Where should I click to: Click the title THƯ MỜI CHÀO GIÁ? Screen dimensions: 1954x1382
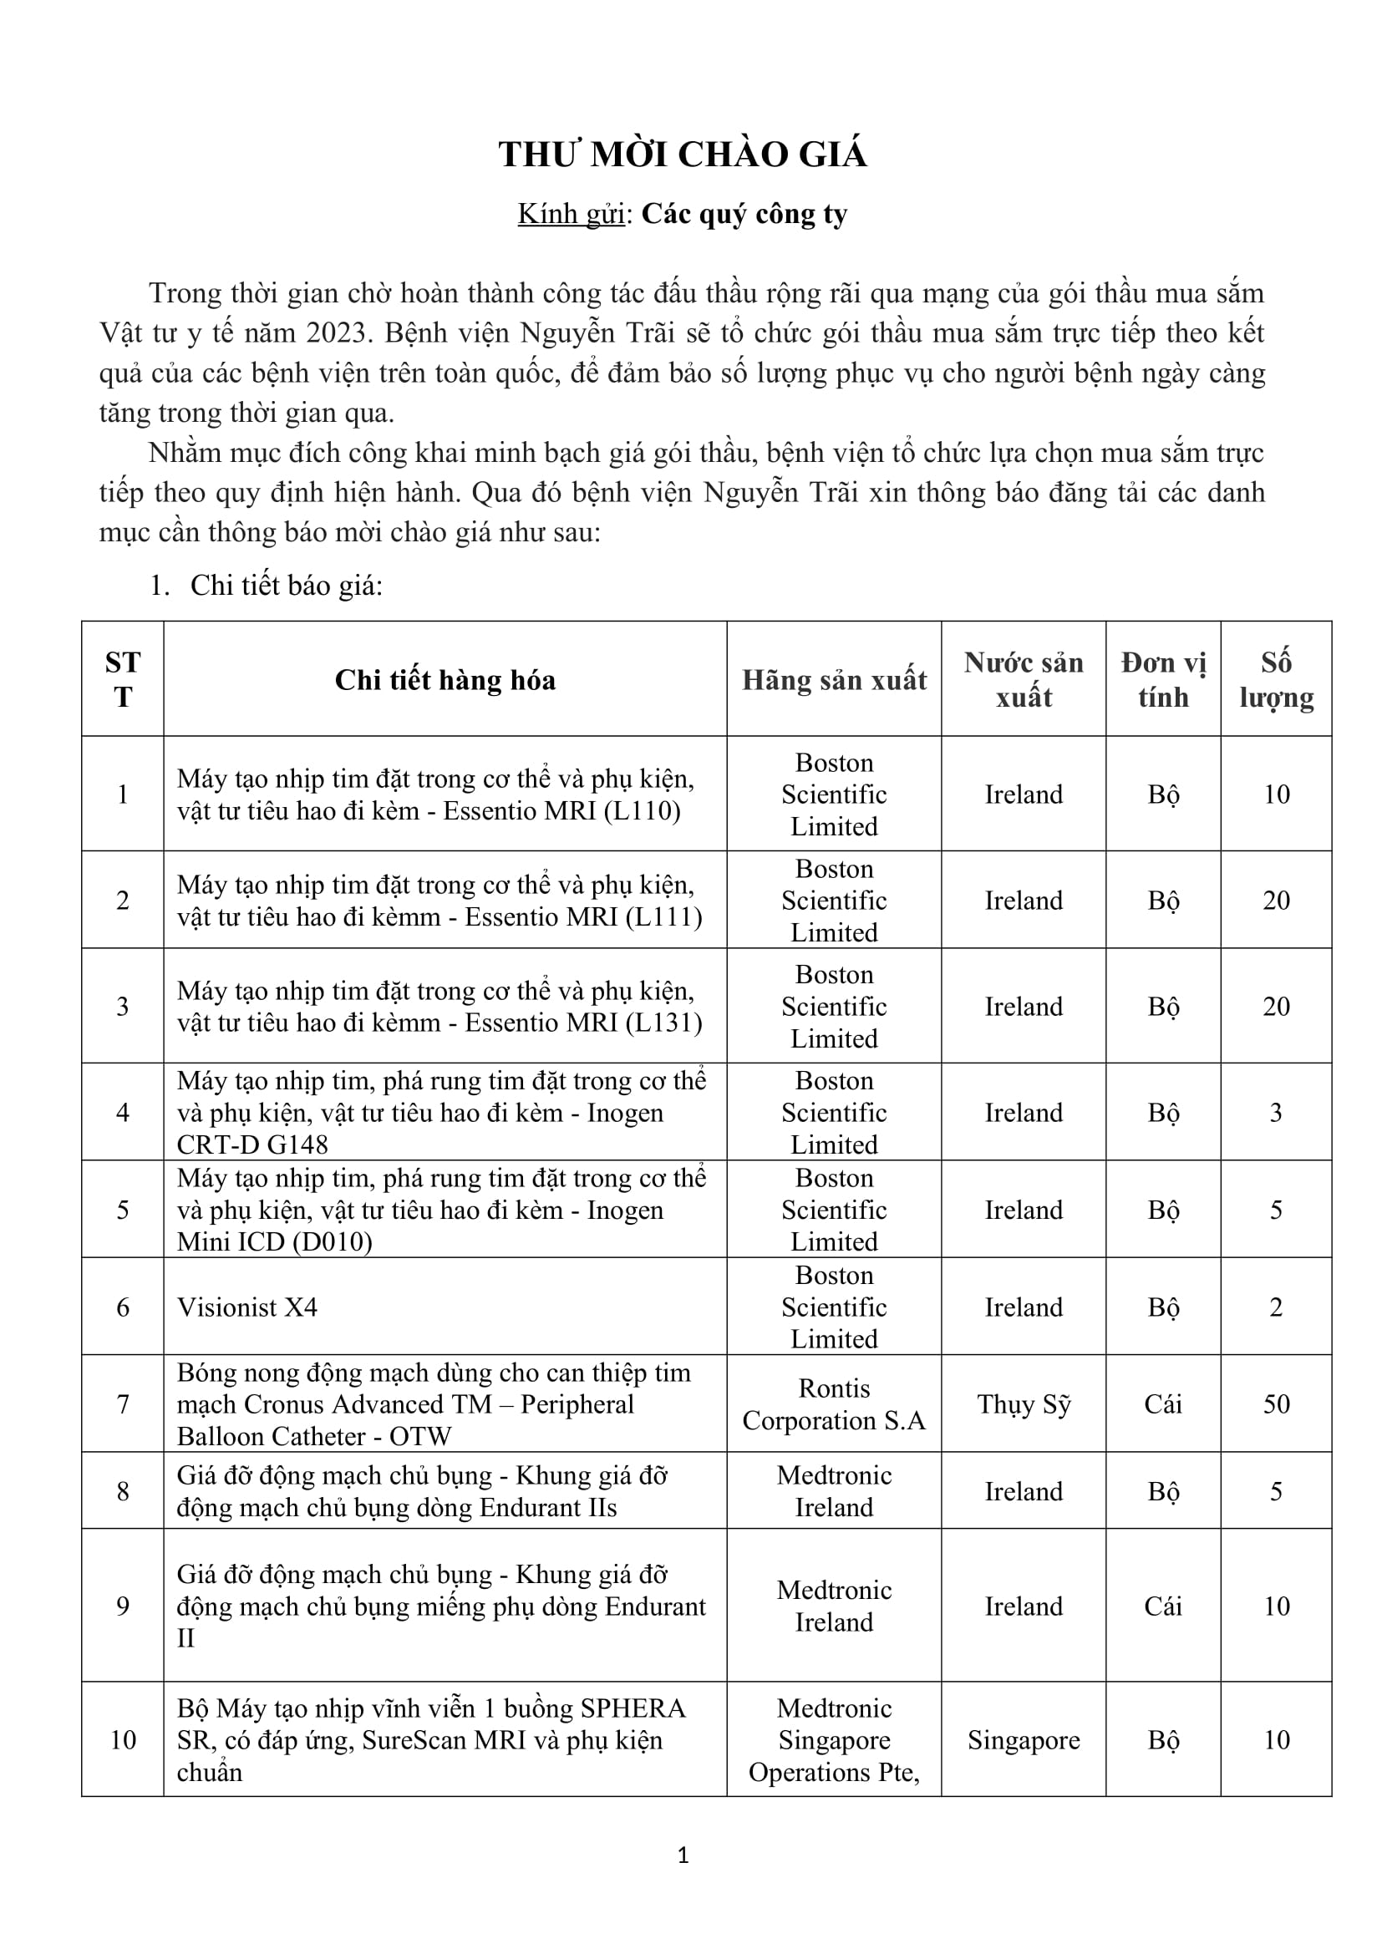(x=683, y=155)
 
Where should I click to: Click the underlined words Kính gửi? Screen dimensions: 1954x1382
(x=571, y=214)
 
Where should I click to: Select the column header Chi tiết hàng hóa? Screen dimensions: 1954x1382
(x=445, y=680)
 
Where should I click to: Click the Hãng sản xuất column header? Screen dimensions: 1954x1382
(x=834, y=680)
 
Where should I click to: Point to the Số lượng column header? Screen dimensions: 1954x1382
(x=1276, y=680)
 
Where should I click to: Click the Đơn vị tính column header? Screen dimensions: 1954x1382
(x=1163, y=680)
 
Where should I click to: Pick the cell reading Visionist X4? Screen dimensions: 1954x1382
(x=246, y=1307)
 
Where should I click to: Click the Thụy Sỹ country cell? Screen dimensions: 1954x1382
(x=1024, y=1403)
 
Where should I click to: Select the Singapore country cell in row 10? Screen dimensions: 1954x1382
(x=1024, y=1739)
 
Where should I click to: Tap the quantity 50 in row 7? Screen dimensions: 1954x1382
(x=1276, y=1403)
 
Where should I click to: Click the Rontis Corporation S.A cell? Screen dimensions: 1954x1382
(x=834, y=1404)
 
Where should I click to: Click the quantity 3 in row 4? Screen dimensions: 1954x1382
(x=1276, y=1112)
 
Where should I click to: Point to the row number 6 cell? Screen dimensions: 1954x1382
(x=123, y=1307)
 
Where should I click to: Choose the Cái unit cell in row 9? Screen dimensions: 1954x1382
(x=1163, y=1606)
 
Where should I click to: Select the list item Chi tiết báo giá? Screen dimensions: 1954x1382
(x=286, y=586)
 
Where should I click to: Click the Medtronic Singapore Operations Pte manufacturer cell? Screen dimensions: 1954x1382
(x=834, y=1739)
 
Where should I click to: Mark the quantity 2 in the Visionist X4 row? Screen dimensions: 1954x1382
(x=1276, y=1307)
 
